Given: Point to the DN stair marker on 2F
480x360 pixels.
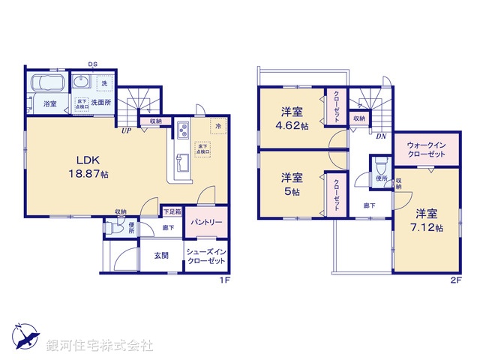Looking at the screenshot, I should point(380,136).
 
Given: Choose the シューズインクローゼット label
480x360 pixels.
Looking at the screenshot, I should point(205,255).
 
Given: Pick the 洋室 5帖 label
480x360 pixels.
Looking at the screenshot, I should point(292,184).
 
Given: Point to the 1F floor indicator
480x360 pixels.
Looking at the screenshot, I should point(223,280).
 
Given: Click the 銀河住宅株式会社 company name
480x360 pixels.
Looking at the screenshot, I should point(100,345).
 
